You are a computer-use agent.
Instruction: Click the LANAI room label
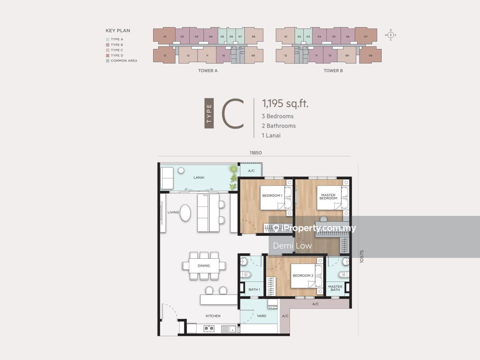coord(199,177)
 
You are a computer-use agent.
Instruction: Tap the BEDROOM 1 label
coord(272,195)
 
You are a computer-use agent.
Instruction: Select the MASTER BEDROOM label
coord(328,197)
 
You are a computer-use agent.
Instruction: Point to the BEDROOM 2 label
coord(303,276)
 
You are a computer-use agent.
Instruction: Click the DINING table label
coord(204,266)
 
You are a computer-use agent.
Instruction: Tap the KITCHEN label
coord(213,316)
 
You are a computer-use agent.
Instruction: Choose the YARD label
coord(261,316)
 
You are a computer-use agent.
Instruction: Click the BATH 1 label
coord(254,289)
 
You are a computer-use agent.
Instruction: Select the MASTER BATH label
coord(335,288)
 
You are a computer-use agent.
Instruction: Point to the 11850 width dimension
coord(256,153)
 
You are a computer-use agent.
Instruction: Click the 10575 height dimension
coord(361,256)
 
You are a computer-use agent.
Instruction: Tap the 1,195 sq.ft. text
coord(285,103)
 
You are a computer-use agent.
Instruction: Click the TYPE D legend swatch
coord(108,56)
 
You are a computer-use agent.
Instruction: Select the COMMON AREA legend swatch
coord(108,61)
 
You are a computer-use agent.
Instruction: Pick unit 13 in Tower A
coord(164,55)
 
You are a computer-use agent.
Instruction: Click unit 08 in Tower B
coord(370,55)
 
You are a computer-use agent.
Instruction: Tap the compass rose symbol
coord(391,35)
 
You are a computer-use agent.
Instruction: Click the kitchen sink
coord(229,329)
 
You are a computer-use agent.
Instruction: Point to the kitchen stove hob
coord(209,328)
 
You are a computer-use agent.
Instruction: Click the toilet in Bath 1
coord(246,274)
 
